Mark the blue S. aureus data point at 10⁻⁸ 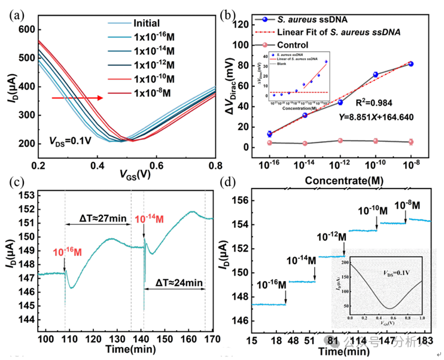click(410, 63)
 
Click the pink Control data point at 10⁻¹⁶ click(269, 142)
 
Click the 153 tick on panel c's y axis click(26, 196)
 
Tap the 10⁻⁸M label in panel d click(406, 205)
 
